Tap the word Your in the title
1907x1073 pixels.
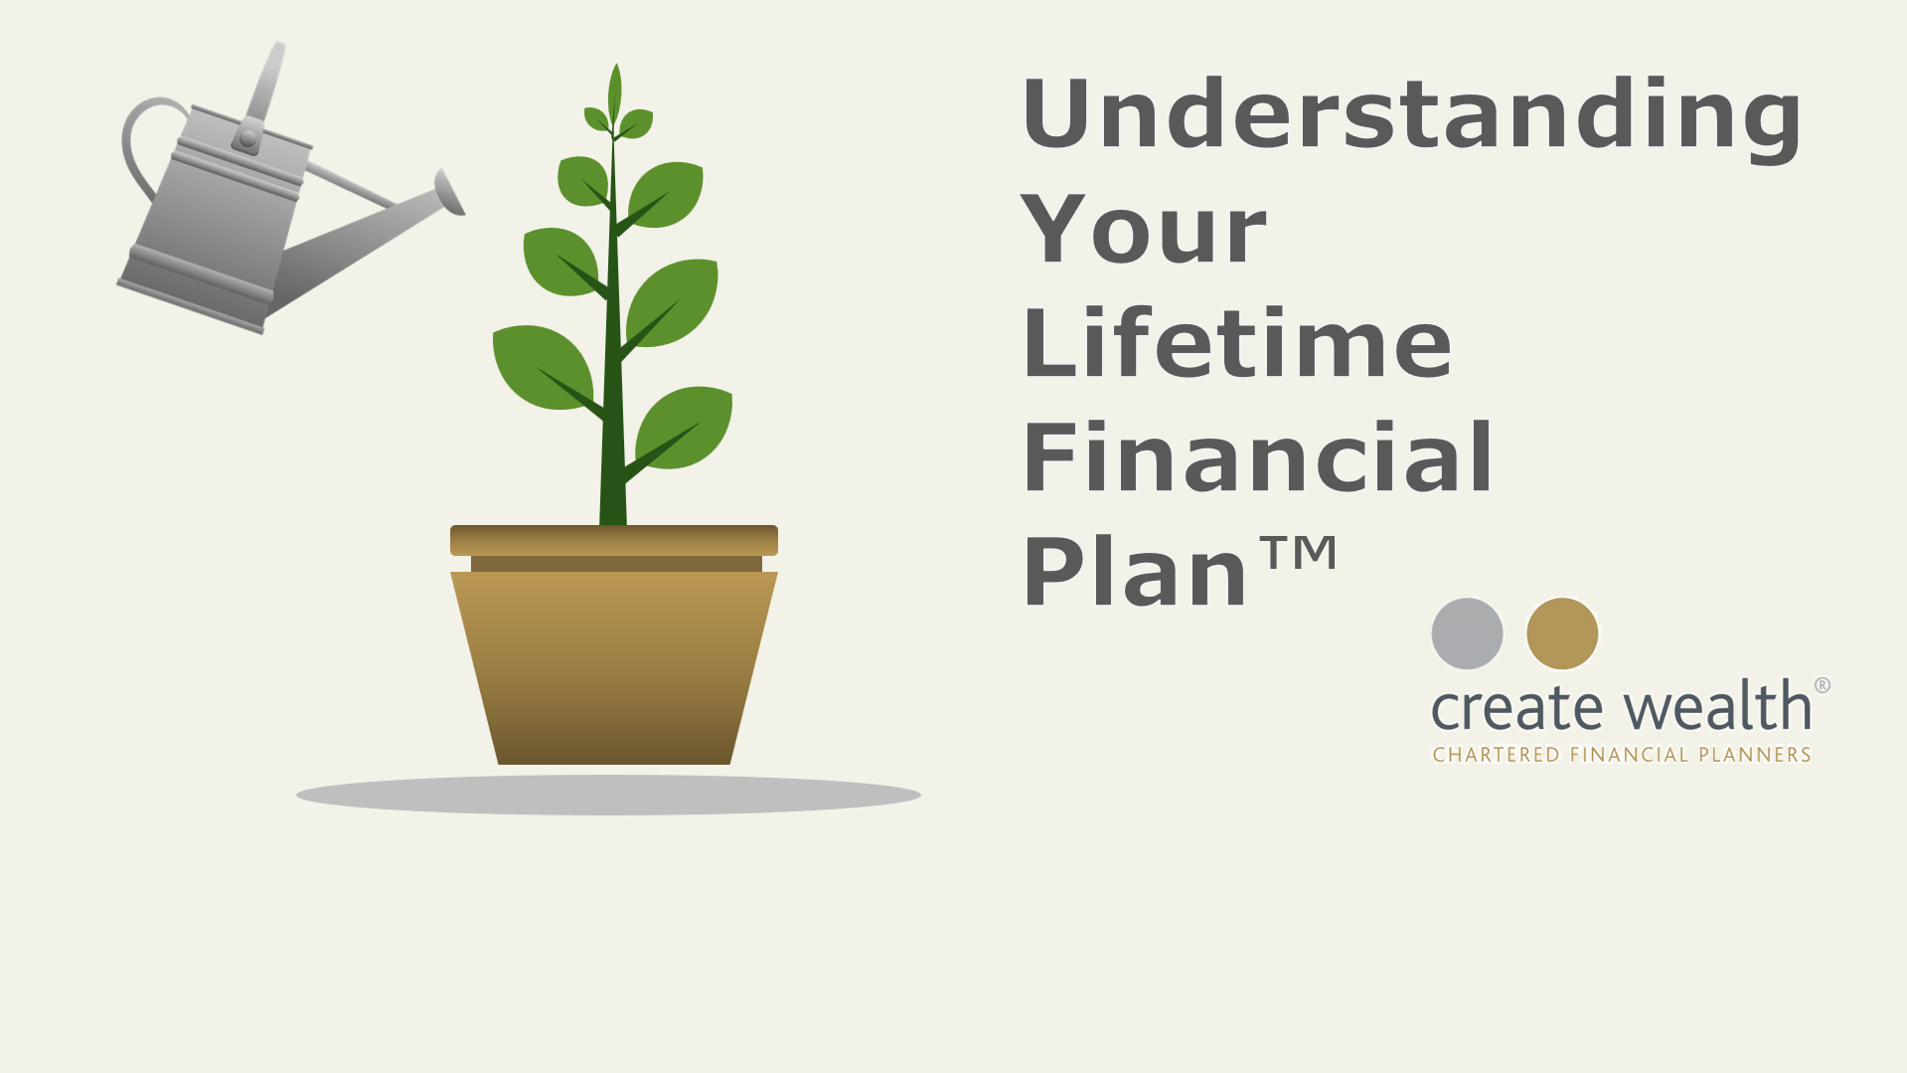coord(1143,230)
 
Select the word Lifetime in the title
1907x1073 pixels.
coord(1237,343)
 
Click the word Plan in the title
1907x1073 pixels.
coord(1135,571)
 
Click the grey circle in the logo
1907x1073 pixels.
coord(1467,633)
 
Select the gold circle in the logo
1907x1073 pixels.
coord(1562,633)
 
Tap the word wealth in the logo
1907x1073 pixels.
coord(1718,705)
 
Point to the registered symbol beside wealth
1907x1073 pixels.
coord(1823,685)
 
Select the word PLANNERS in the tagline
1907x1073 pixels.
coord(1755,755)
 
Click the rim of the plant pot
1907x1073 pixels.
coord(614,540)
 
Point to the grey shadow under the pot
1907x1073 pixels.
coord(608,795)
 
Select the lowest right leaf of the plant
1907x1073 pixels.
coord(685,428)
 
